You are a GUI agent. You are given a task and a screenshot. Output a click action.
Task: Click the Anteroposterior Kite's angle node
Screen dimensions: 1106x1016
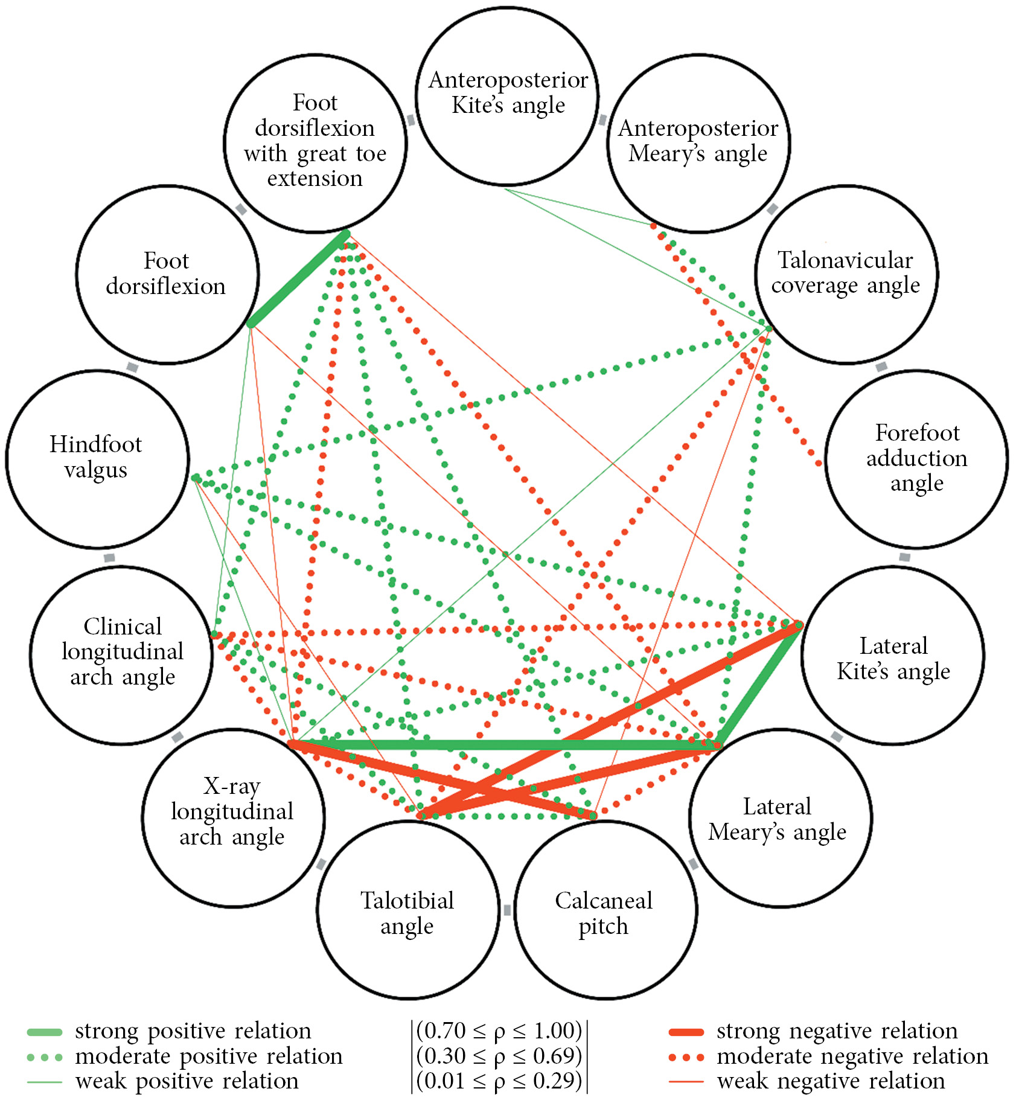507,97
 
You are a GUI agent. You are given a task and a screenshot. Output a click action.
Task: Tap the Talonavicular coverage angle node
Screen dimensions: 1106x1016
846,275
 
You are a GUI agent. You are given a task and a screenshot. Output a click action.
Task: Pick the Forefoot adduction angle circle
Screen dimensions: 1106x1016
916,459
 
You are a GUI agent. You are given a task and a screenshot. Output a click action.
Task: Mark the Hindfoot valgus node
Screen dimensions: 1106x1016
97,459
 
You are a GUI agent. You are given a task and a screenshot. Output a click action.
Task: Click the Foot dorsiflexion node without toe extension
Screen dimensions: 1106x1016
167,275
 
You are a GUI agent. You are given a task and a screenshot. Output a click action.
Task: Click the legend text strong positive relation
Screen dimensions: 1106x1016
193,1031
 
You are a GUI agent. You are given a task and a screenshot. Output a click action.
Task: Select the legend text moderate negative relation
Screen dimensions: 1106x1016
852,1056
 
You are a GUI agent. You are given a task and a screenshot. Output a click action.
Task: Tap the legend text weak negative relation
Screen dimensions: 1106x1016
831,1081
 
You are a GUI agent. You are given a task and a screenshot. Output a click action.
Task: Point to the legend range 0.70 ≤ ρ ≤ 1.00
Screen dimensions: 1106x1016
499,1031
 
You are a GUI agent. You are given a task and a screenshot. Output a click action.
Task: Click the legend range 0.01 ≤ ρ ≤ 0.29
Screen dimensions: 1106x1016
499,1081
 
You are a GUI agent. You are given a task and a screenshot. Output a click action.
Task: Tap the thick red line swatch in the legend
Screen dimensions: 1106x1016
686,1032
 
